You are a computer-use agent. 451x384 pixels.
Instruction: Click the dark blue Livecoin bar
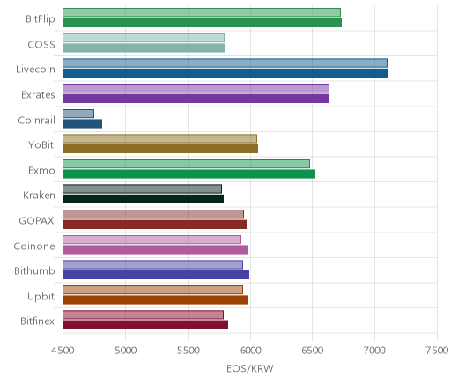click(225, 73)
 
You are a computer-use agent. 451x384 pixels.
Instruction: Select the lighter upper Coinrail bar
click(78, 114)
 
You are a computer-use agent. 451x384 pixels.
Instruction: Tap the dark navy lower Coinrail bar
click(82, 124)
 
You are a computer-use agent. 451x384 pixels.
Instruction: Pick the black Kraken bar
click(143, 199)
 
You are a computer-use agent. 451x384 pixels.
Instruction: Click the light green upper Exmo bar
click(186, 164)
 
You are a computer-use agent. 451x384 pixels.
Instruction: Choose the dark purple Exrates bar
click(196, 99)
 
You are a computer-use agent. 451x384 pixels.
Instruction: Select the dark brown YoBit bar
click(160, 149)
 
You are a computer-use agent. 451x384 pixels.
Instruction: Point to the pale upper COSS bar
click(144, 38)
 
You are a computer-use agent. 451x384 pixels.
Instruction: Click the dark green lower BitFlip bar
click(202, 23)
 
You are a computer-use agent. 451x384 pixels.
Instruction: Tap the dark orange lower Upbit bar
click(155, 300)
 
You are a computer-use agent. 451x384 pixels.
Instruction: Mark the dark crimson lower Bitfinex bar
click(145, 325)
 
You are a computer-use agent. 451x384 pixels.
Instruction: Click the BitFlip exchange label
click(41, 18)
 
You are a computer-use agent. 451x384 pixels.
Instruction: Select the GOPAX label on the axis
click(36, 220)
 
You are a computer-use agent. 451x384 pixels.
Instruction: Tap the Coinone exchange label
click(34, 246)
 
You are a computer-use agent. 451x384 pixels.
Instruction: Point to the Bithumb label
click(34, 270)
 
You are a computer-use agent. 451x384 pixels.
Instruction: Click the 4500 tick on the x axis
click(63, 351)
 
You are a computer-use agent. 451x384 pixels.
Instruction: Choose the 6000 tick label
click(250, 351)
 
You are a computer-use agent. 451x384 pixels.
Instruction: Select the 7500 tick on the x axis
click(437, 351)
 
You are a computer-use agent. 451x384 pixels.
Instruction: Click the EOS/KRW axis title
click(250, 368)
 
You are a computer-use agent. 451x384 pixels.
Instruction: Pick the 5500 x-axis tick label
click(188, 351)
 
